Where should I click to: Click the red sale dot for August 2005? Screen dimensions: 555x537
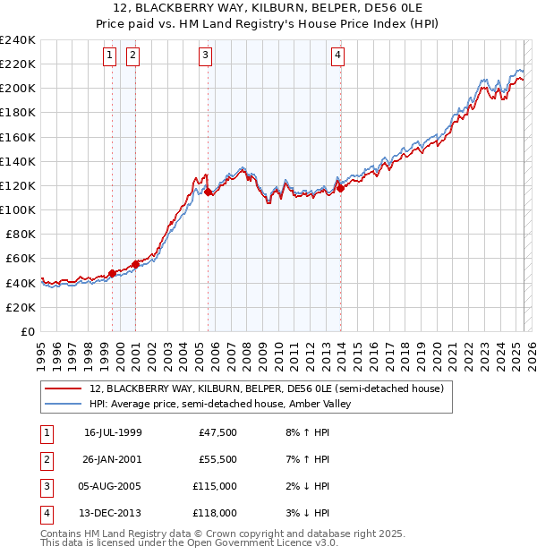pyautogui.click(x=209, y=191)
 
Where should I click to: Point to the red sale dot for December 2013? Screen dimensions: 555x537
pyautogui.click(x=340, y=187)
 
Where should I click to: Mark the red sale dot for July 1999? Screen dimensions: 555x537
pyautogui.click(x=112, y=273)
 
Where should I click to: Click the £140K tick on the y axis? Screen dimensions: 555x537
pyautogui.click(x=17, y=161)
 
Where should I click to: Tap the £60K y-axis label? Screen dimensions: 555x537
pyautogui.click(x=20, y=258)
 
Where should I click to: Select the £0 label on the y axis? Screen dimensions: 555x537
pyautogui.click(x=28, y=331)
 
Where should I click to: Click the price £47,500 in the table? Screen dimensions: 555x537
pyautogui.click(x=217, y=432)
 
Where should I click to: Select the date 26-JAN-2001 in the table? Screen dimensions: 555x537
pyautogui.click(x=113, y=458)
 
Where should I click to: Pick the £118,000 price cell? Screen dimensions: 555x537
pyautogui.click(x=216, y=513)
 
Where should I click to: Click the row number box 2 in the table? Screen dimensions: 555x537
pyautogui.click(x=44, y=459)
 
